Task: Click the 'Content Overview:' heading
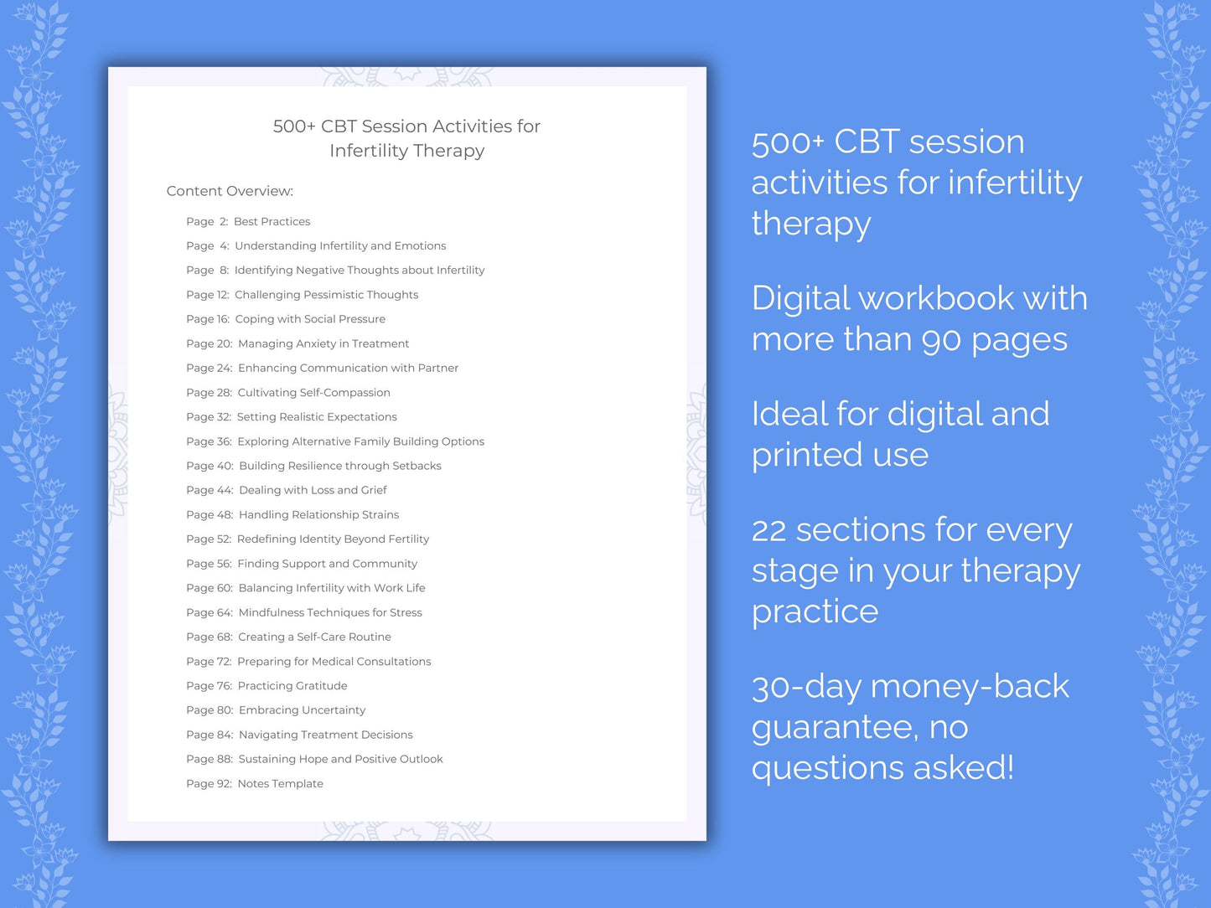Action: (230, 191)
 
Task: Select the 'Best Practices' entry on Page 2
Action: (272, 222)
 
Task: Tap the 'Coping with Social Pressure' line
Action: (310, 319)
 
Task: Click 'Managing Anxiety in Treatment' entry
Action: (323, 343)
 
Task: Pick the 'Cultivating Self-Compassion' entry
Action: (313, 393)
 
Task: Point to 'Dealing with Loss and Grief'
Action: (313, 490)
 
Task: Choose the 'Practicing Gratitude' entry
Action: (292, 686)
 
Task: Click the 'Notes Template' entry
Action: (280, 784)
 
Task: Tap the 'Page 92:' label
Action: (209, 784)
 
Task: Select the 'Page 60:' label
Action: (210, 588)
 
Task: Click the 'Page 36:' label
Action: (209, 441)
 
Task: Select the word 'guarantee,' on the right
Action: (835, 728)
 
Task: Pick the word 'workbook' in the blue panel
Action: (938, 299)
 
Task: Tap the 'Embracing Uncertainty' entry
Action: (302, 710)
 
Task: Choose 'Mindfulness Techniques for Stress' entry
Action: (330, 613)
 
